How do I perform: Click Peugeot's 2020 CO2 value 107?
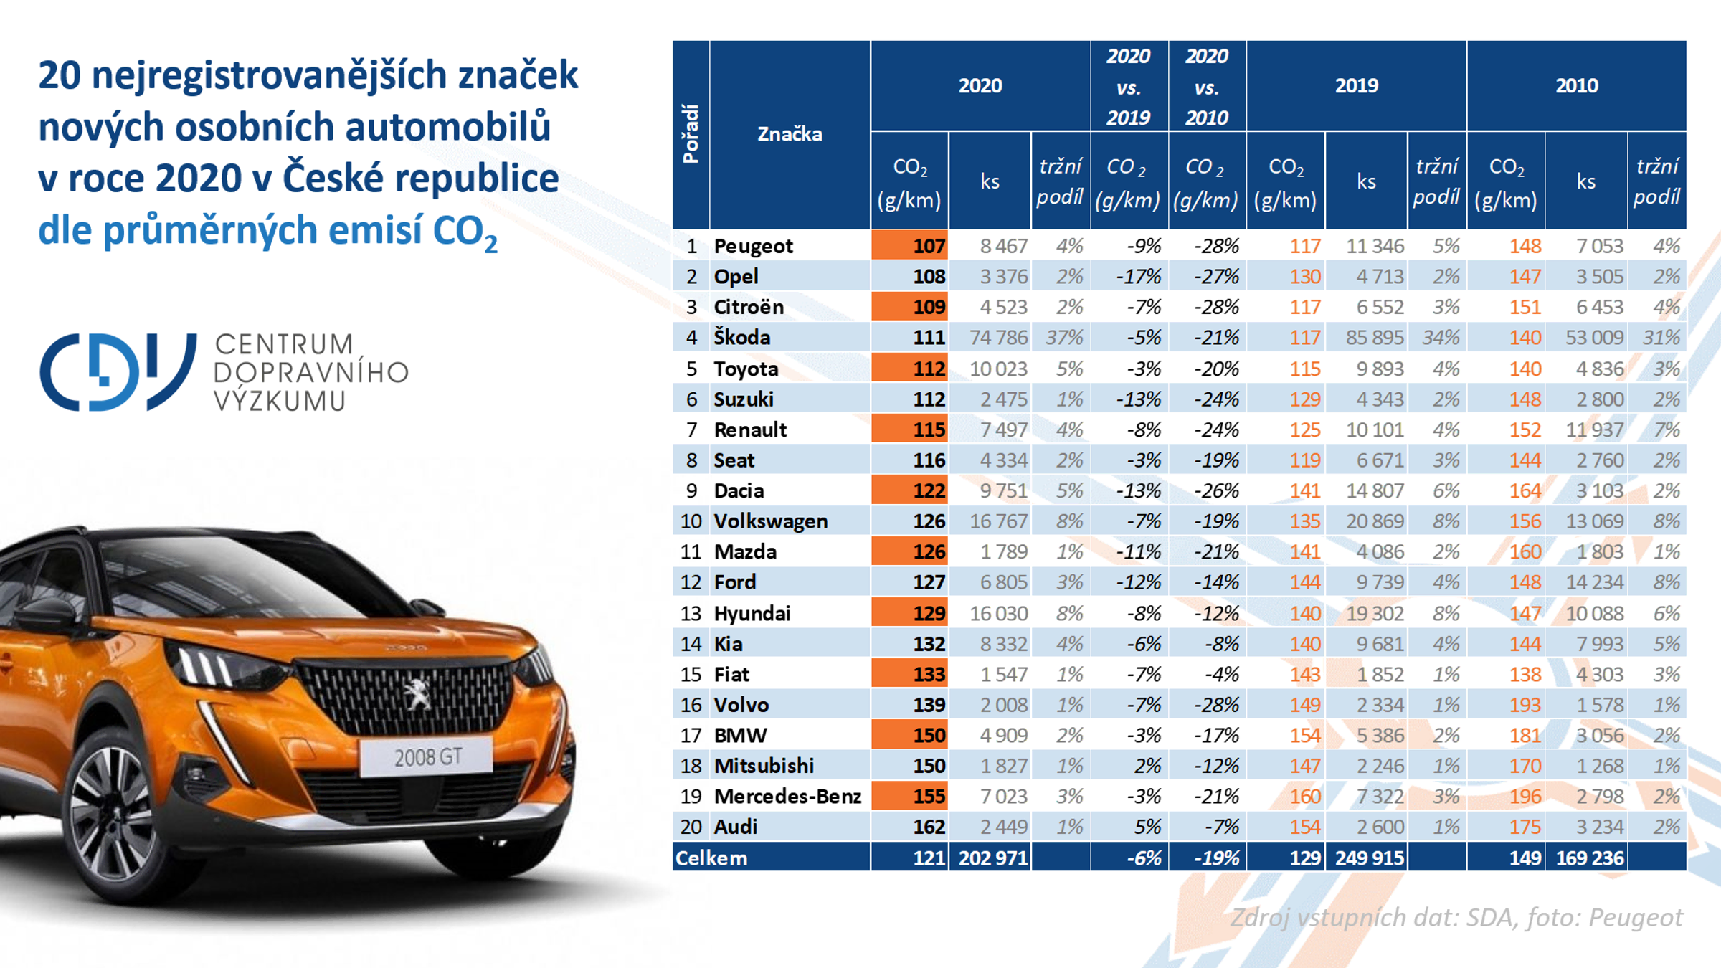point(928,246)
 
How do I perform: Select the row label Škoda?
point(741,337)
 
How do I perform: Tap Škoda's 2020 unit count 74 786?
point(998,337)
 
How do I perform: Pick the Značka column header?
point(790,134)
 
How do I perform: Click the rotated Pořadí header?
point(691,134)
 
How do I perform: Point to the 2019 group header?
point(1356,85)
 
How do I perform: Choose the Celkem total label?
point(711,858)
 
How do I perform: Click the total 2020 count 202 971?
point(992,858)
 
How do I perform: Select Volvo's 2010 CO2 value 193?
point(1524,705)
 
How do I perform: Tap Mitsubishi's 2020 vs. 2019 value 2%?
point(1147,766)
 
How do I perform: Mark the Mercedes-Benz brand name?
point(787,796)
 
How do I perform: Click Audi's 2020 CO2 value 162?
point(928,827)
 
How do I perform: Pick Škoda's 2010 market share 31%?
point(1661,337)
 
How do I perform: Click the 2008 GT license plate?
point(427,757)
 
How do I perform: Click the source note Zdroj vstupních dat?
point(1456,917)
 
